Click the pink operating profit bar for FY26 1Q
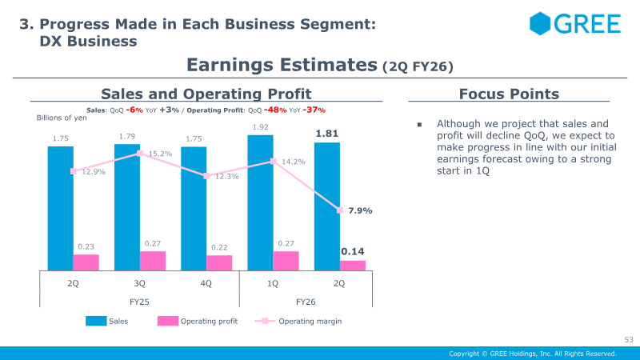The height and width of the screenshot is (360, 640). point(286,261)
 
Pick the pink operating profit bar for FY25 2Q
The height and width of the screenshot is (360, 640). point(86,262)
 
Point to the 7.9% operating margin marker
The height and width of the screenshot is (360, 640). point(340,210)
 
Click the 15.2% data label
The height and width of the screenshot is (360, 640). point(160,154)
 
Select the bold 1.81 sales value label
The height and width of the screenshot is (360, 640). point(326,133)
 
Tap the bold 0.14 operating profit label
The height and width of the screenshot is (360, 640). point(353,251)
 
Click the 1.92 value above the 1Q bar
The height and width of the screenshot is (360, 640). point(260,126)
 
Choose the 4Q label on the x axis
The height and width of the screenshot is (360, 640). point(206,283)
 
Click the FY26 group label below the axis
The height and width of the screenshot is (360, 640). point(306,302)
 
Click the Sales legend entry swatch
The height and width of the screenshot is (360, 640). point(95,322)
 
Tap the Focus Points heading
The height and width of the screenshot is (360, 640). point(509,94)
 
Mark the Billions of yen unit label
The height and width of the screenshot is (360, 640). point(62,118)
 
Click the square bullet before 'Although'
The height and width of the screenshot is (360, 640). point(419,125)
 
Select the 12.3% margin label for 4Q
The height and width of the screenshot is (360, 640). point(227,176)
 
